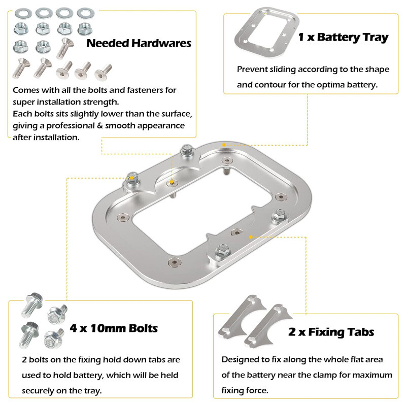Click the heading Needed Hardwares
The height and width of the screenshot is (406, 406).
click(139, 43)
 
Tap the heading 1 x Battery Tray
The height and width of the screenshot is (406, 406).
click(343, 37)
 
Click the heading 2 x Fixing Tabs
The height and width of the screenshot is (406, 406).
click(331, 332)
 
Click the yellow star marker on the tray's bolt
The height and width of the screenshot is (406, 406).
click(132, 177)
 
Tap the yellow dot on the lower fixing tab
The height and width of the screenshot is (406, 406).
click(250, 236)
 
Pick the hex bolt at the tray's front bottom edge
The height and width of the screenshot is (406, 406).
click(221, 249)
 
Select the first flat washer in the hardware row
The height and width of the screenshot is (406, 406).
click(21, 12)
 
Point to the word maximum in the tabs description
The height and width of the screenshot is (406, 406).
click(370, 375)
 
